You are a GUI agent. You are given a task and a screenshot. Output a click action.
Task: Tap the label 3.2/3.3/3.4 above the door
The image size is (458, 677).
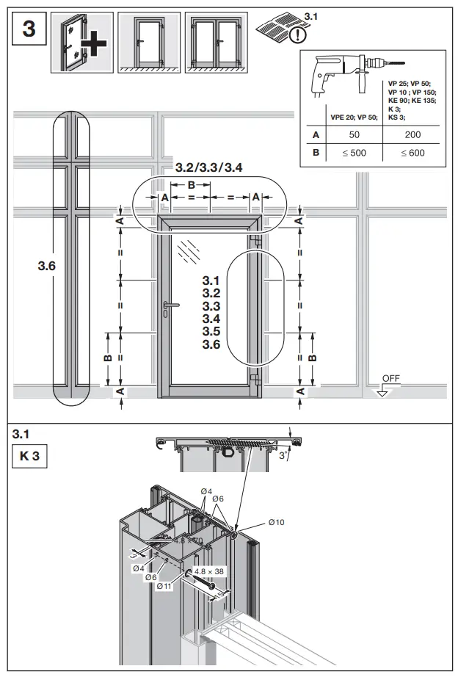(208, 168)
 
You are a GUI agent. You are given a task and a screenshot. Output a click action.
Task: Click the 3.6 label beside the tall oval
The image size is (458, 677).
(47, 266)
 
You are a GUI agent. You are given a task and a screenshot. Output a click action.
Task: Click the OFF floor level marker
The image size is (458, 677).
(390, 378)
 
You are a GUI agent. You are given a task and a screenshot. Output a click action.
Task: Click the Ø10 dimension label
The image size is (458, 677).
(276, 521)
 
